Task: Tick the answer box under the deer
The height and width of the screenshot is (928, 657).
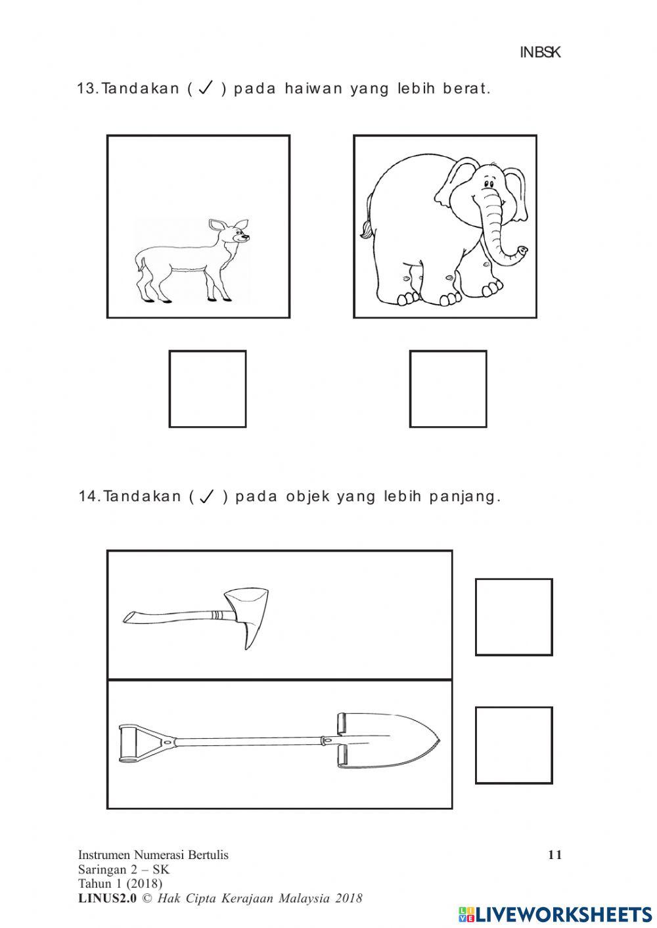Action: [208, 389]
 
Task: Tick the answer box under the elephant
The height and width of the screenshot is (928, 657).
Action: [448, 389]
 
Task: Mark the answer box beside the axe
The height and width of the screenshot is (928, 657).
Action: [514, 617]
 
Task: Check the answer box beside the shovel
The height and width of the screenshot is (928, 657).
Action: [514, 745]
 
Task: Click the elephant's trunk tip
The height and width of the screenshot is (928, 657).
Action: [522, 250]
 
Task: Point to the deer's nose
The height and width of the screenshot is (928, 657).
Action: [246, 237]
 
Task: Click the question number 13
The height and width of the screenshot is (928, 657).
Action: [87, 89]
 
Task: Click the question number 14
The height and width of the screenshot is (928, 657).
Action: [88, 497]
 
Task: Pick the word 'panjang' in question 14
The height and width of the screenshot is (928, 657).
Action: [464, 497]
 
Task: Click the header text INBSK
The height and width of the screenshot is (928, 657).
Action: [540, 53]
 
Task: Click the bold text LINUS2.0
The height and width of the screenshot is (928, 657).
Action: [107, 898]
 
